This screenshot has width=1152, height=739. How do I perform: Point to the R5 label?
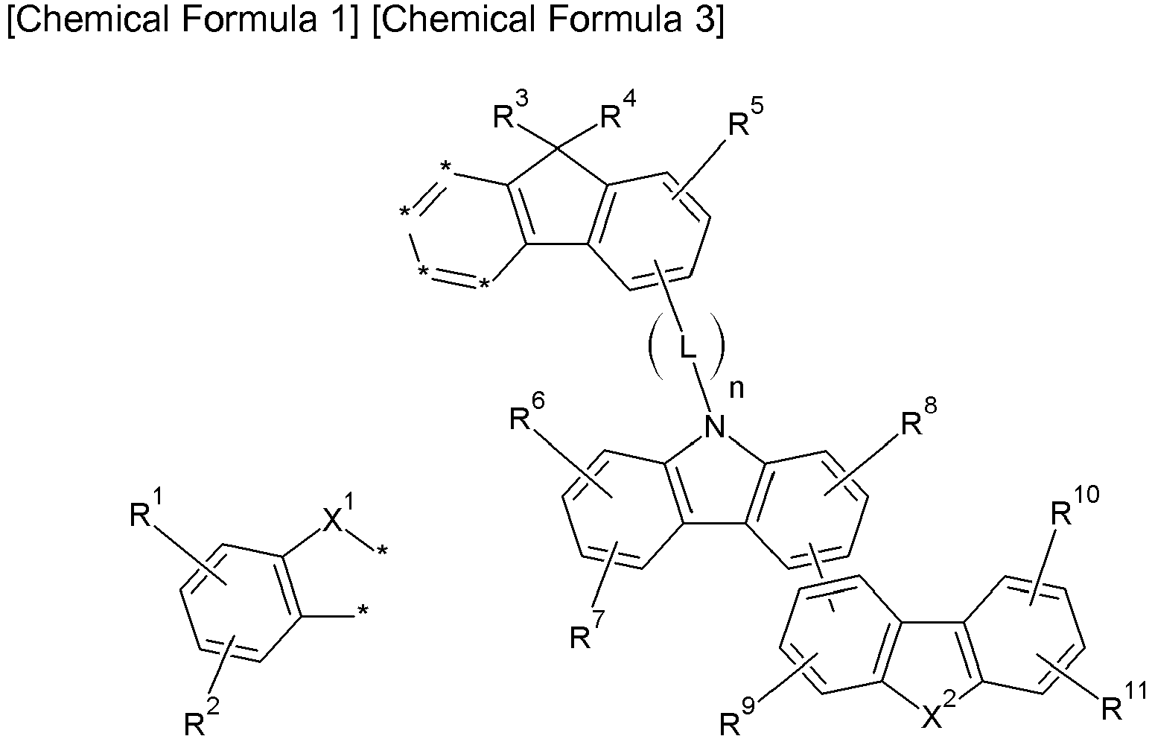click(745, 118)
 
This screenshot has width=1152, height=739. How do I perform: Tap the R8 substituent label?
click(919, 418)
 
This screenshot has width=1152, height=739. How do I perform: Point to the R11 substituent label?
click(1124, 701)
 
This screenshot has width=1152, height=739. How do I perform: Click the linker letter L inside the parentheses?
click(687, 349)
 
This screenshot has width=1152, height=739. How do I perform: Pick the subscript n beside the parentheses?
click(737, 390)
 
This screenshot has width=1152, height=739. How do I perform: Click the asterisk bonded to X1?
click(381, 551)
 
